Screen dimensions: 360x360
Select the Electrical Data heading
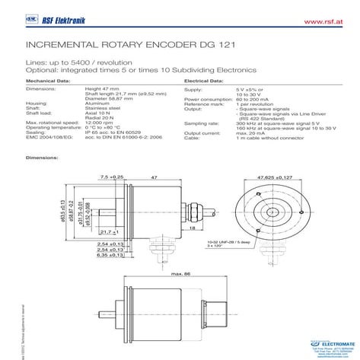pos(205,79)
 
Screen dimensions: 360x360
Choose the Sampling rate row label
pos(201,121)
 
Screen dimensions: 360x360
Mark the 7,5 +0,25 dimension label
pos(111,177)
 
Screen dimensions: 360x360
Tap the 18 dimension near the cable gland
pos(193,227)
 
